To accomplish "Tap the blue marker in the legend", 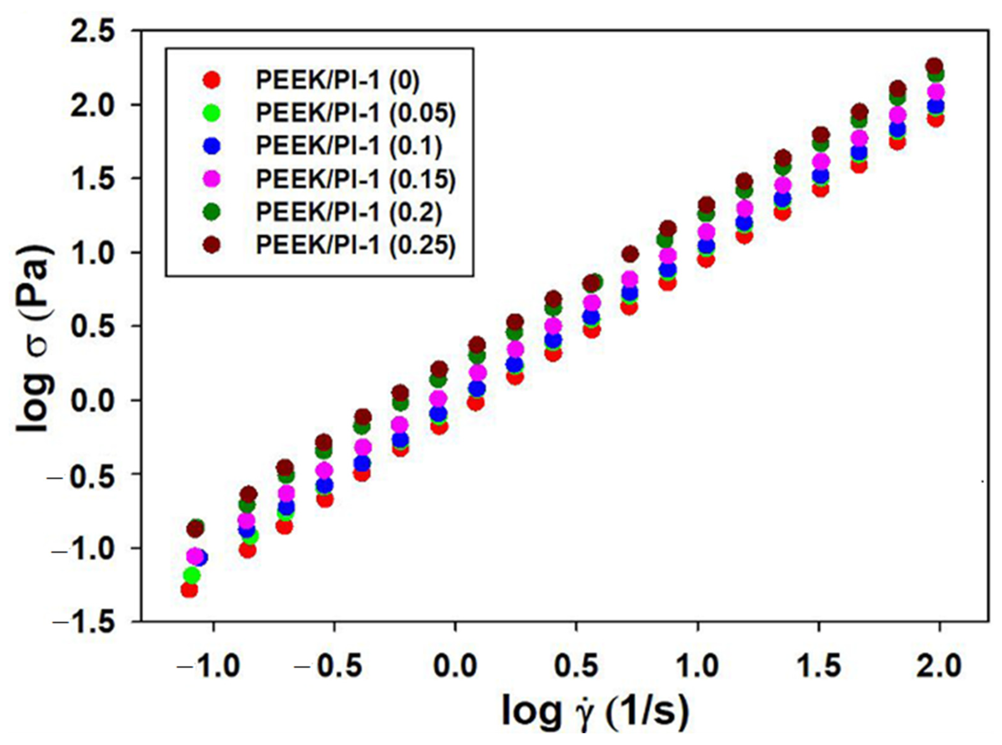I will pyautogui.click(x=212, y=146).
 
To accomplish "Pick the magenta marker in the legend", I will pyautogui.click(x=212, y=179).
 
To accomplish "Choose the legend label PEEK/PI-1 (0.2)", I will pyautogui.click(x=349, y=212).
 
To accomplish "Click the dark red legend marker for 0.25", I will pyautogui.click(x=212, y=245).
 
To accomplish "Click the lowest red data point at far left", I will pyautogui.click(x=189, y=590).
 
